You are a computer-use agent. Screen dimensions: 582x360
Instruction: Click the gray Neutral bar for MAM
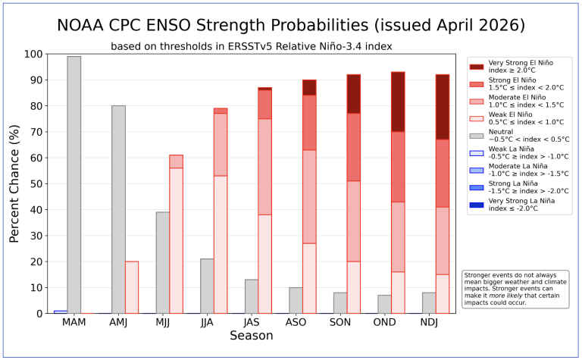(74, 185)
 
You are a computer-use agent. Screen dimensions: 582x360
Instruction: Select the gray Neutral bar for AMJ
(118, 210)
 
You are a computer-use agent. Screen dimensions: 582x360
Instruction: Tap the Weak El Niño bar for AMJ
(132, 288)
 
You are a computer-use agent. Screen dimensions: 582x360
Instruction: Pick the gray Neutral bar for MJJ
(163, 263)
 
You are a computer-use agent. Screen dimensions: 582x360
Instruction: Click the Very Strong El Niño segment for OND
(398, 102)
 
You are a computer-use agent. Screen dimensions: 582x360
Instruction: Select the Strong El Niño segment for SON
(354, 147)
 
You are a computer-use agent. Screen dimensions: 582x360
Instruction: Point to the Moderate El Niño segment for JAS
(265, 167)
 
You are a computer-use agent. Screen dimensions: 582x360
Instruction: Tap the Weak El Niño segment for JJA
(221, 245)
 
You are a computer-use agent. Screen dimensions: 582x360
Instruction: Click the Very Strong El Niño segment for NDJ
(443, 107)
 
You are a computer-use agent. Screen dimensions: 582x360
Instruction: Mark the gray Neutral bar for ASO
(296, 301)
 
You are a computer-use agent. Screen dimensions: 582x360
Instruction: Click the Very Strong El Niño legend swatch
(477, 67)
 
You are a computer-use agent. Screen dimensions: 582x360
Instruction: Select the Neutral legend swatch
(477, 136)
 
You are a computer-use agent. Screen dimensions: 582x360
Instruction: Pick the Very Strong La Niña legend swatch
(477, 205)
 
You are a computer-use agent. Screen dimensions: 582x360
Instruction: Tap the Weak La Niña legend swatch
(477, 153)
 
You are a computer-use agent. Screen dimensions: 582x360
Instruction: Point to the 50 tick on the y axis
(46, 183)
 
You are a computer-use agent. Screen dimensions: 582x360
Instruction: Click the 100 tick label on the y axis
(33, 54)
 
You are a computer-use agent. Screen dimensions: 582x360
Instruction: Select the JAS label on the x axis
(252, 322)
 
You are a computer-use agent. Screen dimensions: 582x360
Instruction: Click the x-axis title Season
(252, 336)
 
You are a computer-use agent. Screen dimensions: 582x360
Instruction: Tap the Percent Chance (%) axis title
(14, 183)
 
